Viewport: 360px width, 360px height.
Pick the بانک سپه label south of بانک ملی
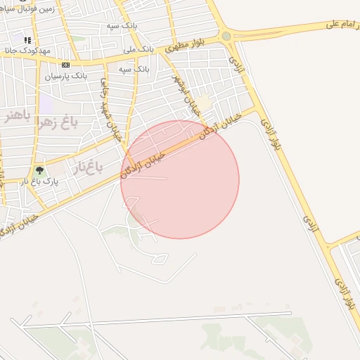pos(132,70)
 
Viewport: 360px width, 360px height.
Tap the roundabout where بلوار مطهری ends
pos(226,36)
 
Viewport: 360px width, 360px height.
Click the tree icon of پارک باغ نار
pos(39,171)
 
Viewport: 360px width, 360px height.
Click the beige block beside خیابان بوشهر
pos(203,103)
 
